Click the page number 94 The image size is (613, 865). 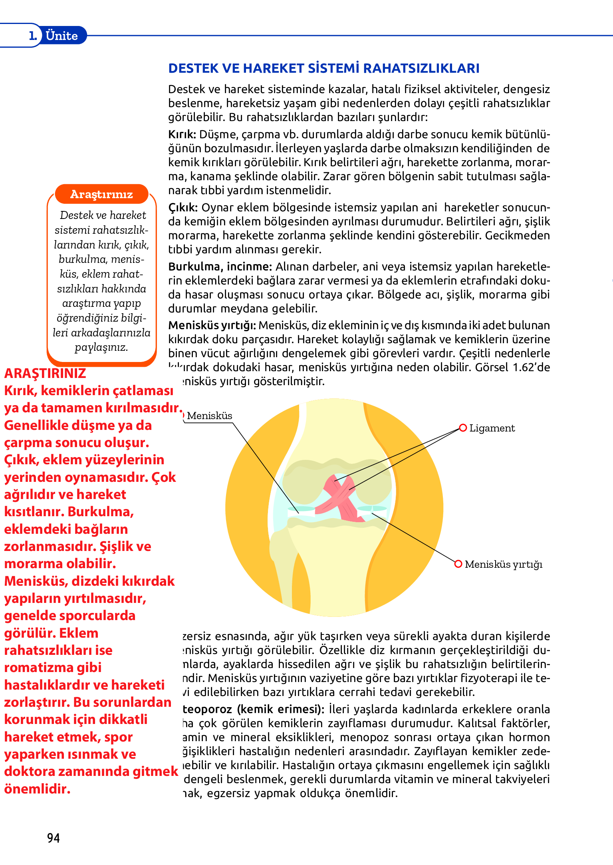pos(54,838)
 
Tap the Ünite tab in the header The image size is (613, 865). pos(61,36)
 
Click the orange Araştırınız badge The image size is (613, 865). pos(101,194)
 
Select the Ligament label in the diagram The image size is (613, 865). pos(492,428)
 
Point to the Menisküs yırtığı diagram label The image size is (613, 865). pos(504,564)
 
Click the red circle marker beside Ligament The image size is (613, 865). pos(463,428)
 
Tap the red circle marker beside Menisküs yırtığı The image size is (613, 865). pos(458,564)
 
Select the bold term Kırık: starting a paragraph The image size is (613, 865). pos(182,134)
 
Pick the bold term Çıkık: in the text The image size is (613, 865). pos(183,208)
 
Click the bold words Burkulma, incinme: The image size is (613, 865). pos(220,266)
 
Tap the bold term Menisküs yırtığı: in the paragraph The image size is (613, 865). pos(212,326)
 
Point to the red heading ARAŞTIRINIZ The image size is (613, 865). pos(45,373)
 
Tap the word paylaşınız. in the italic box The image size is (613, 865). pos(101,347)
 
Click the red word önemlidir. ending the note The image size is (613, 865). pos(37,789)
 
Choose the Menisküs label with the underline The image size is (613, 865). pos(209,416)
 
